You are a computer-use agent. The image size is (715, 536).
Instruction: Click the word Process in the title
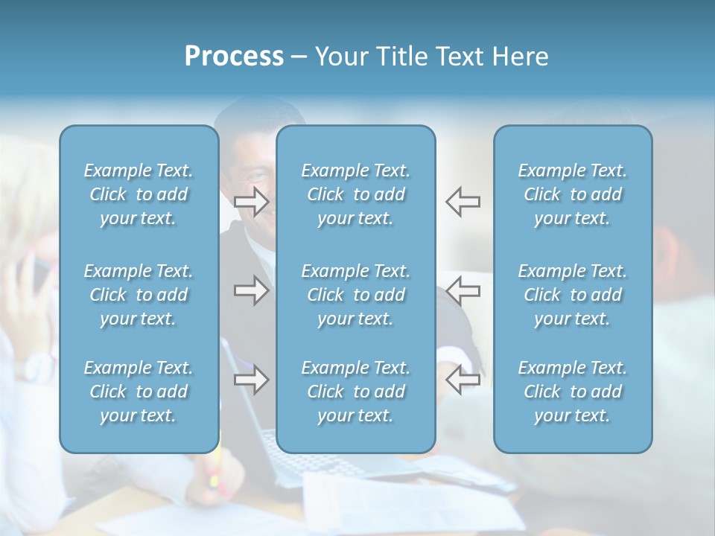[x=234, y=57]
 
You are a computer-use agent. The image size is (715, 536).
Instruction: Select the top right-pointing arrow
[x=251, y=201]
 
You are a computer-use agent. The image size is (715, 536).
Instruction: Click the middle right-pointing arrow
[x=251, y=290]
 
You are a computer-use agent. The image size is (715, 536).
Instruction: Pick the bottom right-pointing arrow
[x=251, y=380]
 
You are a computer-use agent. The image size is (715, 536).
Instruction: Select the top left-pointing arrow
[x=463, y=201]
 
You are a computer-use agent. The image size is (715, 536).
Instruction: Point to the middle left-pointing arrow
[x=463, y=290]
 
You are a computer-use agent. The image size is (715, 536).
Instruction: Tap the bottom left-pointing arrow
[x=463, y=380]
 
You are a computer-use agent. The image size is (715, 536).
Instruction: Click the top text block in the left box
[x=139, y=194]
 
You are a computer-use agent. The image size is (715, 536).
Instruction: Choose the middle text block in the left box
[x=139, y=295]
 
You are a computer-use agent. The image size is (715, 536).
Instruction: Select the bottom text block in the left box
[x=139, y=392]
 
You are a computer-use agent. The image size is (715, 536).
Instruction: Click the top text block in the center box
[x=356, y=194]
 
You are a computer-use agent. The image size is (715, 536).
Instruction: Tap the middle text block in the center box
[x=356, y=295]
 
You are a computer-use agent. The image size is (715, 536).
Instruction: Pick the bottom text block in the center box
[x=356, y=392]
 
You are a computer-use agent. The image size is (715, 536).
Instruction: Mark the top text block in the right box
[x=573, y=194]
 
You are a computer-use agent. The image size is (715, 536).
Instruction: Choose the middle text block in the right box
[x=573, y=295]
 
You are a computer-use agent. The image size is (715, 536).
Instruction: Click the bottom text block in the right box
[x=573, y=392]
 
